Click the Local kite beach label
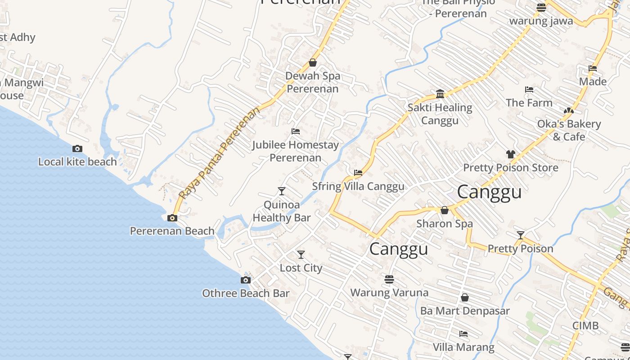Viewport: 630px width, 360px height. click(x=77, y=162)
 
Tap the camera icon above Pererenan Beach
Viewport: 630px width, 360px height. click(x=172, y=218)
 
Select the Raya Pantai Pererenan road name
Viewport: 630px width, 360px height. click(x=220, y=153)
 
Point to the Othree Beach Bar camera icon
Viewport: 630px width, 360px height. click(x=245, y=280)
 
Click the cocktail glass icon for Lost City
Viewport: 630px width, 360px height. click(x=301, y=255)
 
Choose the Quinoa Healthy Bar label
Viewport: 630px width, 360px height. click(x=282, y=211)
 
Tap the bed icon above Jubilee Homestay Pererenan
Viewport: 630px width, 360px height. click(x=296, y=131)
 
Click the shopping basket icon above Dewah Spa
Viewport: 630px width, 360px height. click(x=313, y=63)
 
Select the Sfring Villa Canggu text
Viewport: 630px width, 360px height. click(x=358, y=186)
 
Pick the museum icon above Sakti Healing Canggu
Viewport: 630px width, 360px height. click(x=440, y=94)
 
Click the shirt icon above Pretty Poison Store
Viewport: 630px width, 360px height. click(x=510, y=154)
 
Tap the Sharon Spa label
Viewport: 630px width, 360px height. click(x=445, y=224)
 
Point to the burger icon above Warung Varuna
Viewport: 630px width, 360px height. click(x=389, y=279)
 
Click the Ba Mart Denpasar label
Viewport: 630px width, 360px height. click(x=465, y=311)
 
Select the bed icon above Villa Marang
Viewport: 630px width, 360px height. click(x=463, y=334)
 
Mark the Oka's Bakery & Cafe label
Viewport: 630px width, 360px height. click(x=569, y=130)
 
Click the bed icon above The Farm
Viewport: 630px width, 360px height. click(x=529, y=90)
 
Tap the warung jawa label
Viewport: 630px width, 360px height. click(x=541, y=21)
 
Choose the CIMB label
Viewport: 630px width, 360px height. click(x=585, y=325)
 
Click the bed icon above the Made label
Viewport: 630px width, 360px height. click(x=593, y=68)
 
